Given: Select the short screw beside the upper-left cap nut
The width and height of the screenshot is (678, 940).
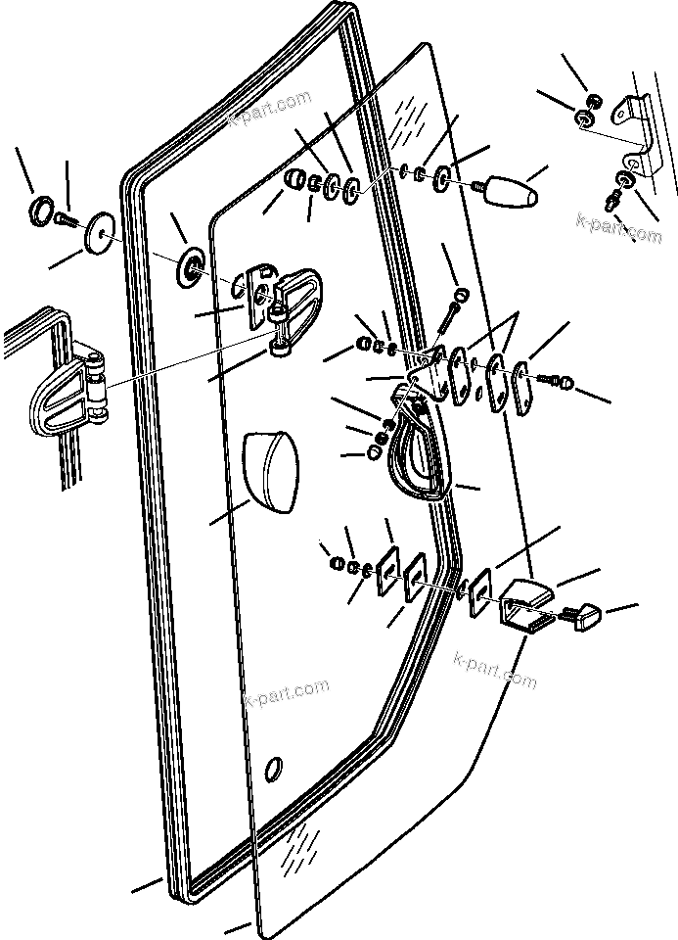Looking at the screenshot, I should pos(66,219).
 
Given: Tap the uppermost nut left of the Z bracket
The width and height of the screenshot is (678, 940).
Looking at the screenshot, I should pos(592,101).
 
